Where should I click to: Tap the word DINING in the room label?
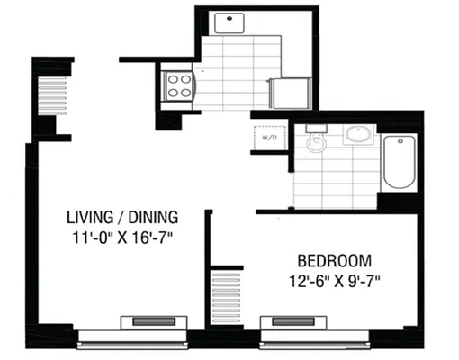click(x=152, y=217)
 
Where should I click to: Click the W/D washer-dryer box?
click(x=267, y=139)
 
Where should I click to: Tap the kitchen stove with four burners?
click(x=177, y=85)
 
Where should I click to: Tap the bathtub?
click(x=397, y=163)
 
